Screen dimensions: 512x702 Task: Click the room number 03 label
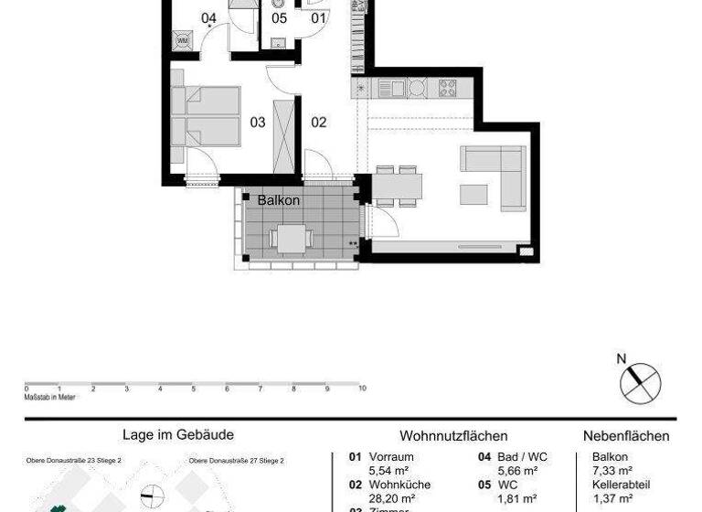258,122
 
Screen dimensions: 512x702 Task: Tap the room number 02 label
318,122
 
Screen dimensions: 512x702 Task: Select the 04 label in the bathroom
209,17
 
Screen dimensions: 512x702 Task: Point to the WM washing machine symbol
182,40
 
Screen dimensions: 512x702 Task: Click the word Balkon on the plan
278,199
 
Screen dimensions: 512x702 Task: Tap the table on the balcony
292,239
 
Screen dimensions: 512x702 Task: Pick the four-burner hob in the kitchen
448,88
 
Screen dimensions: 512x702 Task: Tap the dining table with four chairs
397,188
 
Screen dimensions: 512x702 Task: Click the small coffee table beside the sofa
474,194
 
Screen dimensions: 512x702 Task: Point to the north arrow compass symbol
640,381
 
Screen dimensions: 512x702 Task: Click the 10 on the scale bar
362,389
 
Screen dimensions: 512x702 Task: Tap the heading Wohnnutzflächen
453,436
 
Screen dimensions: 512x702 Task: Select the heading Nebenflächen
626,436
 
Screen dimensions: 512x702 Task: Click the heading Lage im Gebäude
178,435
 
